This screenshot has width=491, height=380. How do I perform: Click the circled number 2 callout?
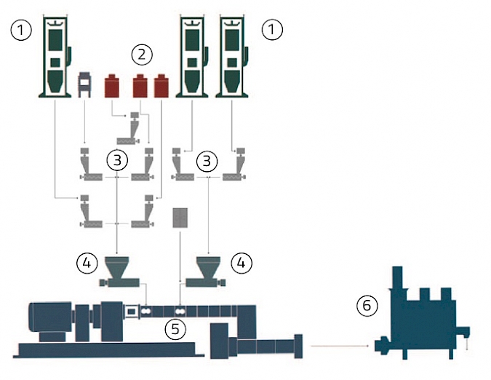[x=142, y=55]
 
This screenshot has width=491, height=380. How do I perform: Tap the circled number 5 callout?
[x=175, y=329]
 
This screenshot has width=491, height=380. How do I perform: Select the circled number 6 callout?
[x=367, y=305]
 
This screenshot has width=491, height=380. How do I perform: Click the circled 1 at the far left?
[x=21, y=30]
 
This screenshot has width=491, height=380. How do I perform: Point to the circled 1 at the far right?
[x=272, y=29]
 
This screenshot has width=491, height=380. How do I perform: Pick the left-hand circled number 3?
[x=117, y=160]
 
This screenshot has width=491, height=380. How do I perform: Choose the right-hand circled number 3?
[x=207, y=162]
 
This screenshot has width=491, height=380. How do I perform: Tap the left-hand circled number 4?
[x=87, y=263]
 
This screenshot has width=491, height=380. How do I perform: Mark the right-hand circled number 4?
[x=241, y=263]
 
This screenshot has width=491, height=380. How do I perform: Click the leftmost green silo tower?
[x=56, y=56]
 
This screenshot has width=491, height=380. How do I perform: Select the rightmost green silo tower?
[x=232, y=56]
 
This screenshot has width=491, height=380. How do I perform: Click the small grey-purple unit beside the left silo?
[x=84, y=84]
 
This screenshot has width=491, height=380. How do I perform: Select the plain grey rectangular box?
[x=180, y=218]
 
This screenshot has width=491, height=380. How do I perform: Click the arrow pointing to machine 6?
[x=340, y=347]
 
